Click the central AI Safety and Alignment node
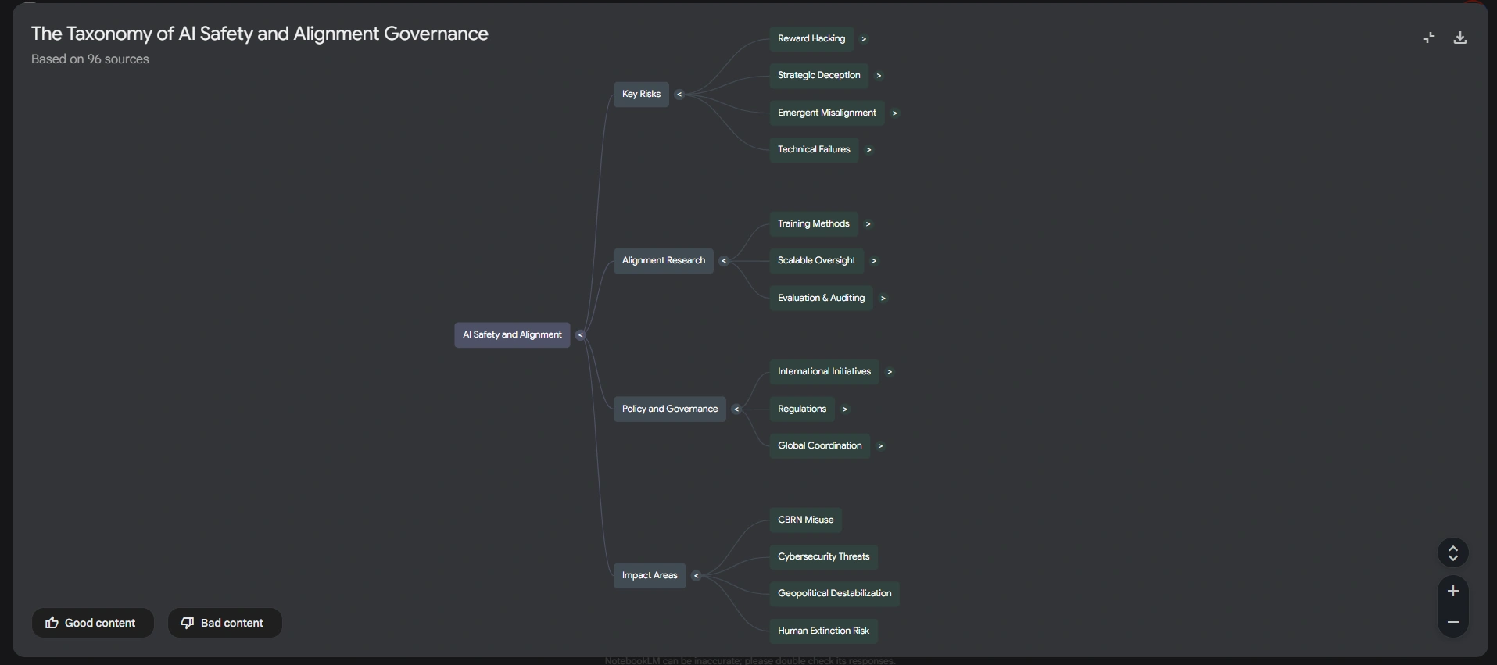tap(512, 335)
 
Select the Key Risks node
tap(641, 95)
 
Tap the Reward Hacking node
tap(811, 39)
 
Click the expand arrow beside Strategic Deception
tap(879, 76)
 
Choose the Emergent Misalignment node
tap(826, 113)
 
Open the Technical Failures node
tap(814, 150)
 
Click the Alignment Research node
tap(663, 261)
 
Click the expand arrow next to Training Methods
tap(868, 224)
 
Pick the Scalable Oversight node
tap(816, 261)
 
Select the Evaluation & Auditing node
tap(821, 299)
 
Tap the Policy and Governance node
tap(669, 409)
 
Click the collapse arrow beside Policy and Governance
tap(736, 409)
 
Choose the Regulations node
tap(801, 409)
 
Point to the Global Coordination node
tap(819, 446)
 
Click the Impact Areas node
tap(649, 576)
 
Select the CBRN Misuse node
tap(805, 520)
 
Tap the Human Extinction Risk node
tap(823, 631)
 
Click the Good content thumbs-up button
tap(92, 624)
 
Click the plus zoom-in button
tap(1452, 592)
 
